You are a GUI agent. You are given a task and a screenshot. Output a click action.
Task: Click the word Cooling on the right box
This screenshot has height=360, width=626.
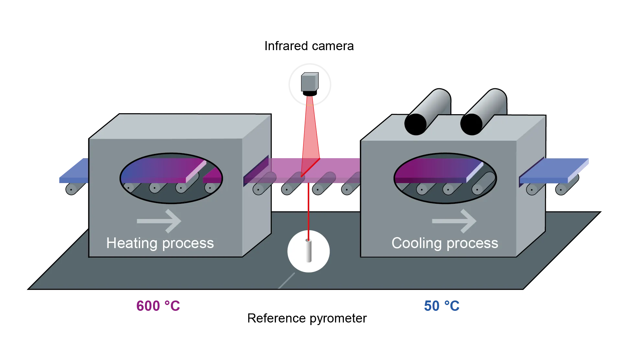pos(416,243)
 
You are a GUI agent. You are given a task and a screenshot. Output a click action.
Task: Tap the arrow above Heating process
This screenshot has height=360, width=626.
pos(159,221)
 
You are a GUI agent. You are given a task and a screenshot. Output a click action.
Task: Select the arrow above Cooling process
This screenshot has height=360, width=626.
pos(454,221)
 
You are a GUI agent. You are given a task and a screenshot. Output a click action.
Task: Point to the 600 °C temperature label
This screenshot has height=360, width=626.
pos(158,306)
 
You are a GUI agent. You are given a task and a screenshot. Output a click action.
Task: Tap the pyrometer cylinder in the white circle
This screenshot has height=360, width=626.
pos(308,251)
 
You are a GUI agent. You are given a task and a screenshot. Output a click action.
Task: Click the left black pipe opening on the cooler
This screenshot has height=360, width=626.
pos(415,124)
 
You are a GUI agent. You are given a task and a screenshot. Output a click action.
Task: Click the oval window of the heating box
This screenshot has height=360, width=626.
pos(171,178)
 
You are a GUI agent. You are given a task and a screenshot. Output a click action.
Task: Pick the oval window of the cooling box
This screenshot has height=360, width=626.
pos(445,178)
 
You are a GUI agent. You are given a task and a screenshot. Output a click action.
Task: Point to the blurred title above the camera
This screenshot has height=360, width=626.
pos(309,46)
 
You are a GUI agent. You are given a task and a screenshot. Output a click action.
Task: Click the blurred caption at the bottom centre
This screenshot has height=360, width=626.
pos(306,319)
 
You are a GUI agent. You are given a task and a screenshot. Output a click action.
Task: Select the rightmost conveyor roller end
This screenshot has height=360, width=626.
pos(561,189)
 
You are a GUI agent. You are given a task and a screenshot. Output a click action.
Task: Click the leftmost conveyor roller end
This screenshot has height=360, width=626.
pos(71,189)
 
